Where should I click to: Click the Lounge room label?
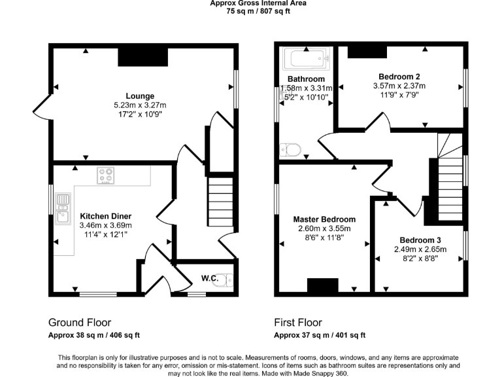141,96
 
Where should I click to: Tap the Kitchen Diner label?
106,216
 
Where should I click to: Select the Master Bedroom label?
324,219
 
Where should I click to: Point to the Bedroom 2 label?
399,76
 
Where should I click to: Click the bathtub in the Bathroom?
305,61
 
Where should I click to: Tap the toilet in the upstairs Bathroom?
290,151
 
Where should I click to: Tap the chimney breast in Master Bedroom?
322,285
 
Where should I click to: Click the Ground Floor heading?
80,323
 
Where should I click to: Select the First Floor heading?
298,323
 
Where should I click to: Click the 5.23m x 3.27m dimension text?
140,105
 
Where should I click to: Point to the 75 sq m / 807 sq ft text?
258,10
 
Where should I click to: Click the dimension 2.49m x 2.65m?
420,249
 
